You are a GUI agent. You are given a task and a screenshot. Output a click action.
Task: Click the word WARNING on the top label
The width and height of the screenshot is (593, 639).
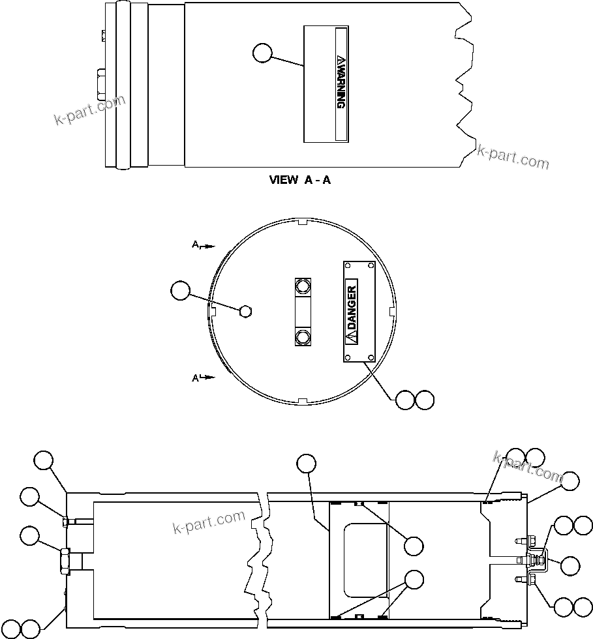[340, 83]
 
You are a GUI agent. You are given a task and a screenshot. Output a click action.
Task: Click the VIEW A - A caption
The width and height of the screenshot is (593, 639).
[300, 180]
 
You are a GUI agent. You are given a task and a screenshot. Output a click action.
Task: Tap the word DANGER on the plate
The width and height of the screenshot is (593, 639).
[352, 306]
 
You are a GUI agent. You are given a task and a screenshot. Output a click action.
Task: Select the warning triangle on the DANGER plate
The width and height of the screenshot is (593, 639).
[352, 336]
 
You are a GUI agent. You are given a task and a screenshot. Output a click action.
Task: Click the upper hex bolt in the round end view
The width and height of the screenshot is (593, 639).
[303, 286]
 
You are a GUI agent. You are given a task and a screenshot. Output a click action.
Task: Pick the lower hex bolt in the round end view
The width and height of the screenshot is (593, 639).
[303, 337]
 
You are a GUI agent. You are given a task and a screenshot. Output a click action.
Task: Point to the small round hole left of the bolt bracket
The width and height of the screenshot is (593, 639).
[245, 311]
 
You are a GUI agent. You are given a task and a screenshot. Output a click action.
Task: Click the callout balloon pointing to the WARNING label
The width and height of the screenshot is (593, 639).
[262, 53]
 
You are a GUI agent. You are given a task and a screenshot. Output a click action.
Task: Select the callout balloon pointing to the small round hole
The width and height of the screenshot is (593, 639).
[180, 291]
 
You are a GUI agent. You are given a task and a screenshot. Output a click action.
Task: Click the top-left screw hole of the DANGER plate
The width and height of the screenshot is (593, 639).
[348, 267]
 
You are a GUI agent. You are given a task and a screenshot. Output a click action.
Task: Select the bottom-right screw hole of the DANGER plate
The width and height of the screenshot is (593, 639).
[371, 356]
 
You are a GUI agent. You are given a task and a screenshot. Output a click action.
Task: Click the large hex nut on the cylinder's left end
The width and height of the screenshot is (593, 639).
[65, 560]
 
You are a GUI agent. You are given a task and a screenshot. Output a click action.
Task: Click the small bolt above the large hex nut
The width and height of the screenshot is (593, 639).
[65, 521]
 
